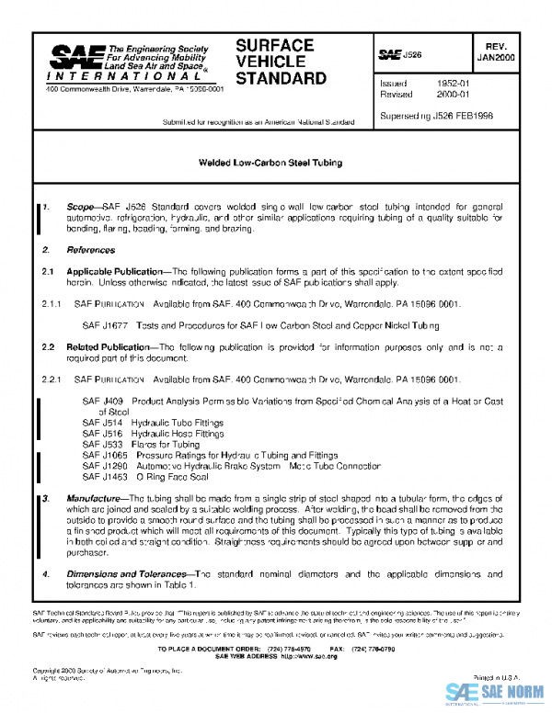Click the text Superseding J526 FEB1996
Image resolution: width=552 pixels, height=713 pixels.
[437, 117]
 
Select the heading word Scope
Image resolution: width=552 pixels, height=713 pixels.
[81, 209]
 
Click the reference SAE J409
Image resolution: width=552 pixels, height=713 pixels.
[101, 402]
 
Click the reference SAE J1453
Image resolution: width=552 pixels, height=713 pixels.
[103, 476]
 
